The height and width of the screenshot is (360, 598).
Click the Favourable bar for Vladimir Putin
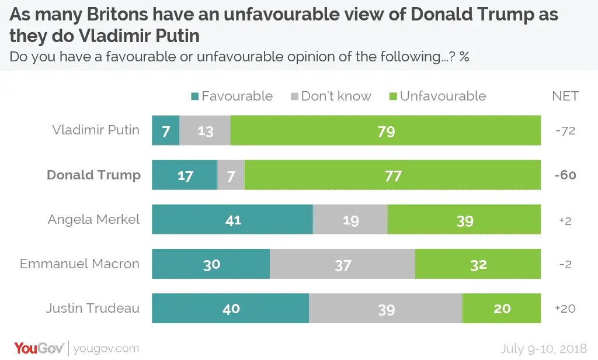[165, 130]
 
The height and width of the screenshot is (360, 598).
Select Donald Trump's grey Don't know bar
[231, 175]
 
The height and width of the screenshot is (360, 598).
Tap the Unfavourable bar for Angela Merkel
[464, 220]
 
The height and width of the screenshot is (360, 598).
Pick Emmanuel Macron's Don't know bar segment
[342, 264]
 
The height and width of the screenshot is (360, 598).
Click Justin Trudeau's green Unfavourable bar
[502, 309]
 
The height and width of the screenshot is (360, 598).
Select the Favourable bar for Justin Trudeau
[231, 309]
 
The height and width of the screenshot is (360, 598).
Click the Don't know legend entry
[331, 96]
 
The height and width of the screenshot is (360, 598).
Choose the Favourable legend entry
[231, 96]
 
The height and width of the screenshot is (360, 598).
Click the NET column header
[565, 96]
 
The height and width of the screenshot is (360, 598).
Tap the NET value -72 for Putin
[565, 130]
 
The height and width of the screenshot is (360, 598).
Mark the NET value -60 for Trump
[565, 175]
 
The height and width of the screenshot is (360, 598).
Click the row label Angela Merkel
[94, 220]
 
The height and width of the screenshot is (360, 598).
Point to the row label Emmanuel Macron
[80, 264]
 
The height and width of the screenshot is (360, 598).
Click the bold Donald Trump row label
[94, 175]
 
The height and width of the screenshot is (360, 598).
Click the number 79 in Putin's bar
[386, 131]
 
